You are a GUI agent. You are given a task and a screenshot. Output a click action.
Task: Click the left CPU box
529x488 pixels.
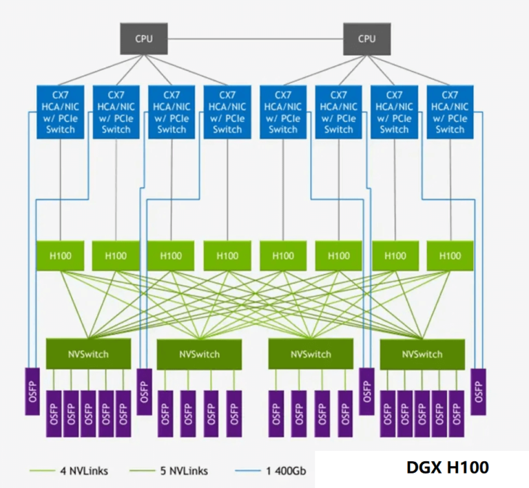[x=144, y=38]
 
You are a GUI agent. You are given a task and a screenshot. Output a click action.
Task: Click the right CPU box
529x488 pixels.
[x=367, y=38]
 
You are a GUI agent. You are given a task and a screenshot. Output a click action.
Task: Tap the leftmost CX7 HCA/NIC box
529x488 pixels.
[x=60, y=112]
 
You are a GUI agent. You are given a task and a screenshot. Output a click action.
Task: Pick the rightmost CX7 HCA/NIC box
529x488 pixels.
[x=450, y=112]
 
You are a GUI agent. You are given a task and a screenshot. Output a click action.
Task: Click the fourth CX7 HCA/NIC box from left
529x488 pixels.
[x=227, y=112]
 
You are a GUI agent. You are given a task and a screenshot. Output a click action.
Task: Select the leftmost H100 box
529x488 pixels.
[x=60, y=255]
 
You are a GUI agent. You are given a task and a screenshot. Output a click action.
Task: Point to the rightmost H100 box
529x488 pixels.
[x=450, y=255]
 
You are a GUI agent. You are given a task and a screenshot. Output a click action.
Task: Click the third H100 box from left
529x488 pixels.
[x=172, y=255]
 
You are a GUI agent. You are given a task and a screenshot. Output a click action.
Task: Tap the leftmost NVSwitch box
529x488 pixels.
[x=87, y=354]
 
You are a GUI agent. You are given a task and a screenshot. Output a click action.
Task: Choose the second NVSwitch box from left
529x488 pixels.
[x=199, y=354]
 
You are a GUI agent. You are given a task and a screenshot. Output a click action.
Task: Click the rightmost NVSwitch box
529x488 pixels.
[x=422, y=354]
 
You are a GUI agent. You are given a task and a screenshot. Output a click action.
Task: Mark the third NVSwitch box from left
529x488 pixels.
[x=311, y=354]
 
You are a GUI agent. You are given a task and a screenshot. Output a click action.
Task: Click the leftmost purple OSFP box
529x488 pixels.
[x=32, y=391]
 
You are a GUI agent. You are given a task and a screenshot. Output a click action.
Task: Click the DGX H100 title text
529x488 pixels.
[x=448, y=468]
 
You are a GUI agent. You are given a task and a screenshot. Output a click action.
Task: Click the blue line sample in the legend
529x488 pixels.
[x=250, y=471]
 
